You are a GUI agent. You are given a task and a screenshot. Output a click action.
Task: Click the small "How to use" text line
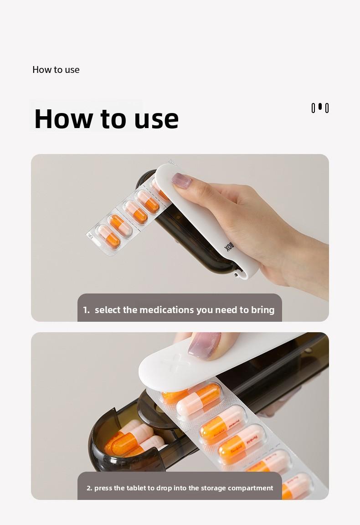[x=56, y=70]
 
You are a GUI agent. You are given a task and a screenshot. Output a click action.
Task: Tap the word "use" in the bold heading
[x=156, y=119]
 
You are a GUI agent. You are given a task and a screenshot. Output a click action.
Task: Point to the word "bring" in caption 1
[x=263, y=310]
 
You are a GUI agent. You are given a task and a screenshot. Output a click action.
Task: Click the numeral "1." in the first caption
[x=86, y=310]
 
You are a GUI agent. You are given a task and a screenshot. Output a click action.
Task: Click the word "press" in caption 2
[x=103, y=488]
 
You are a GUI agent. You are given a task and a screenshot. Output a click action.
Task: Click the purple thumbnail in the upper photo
[x=181, y=180]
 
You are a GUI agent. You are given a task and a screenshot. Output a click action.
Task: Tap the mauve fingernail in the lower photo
[x=205, y=345]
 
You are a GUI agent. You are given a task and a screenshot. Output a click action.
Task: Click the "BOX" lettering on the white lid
[x=229, y=247]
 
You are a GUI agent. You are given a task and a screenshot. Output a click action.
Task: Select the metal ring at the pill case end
[x=236, y=274]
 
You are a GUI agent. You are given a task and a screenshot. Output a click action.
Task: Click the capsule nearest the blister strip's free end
[x=108, y=237]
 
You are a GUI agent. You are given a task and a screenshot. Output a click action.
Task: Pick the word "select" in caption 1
[x=108, y=310]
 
